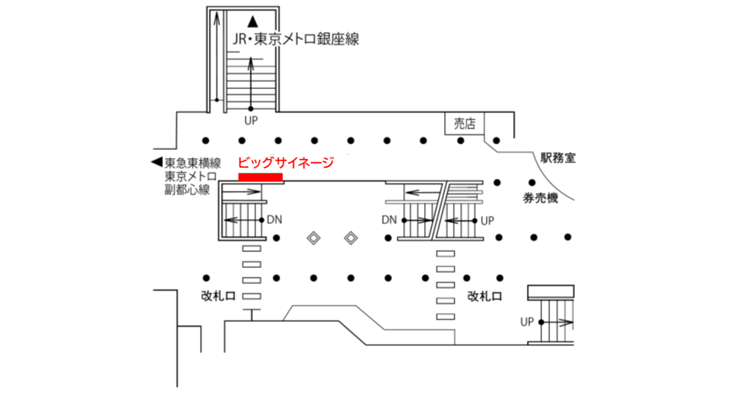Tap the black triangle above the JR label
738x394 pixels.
coord(252,20)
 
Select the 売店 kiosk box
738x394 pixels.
coord(464,124)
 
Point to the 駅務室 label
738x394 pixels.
coord(558,158)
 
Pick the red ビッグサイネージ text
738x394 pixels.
coord(287,162)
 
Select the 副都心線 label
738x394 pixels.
coord(186,190)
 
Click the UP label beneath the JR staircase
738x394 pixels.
coord(251,121)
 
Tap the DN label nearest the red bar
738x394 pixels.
coord(274,219)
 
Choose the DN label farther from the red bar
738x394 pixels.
coord(389,219)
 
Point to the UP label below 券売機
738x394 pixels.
coord(487,219)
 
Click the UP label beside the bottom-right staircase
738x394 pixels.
coord(527,322)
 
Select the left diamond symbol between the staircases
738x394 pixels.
coord(316,238)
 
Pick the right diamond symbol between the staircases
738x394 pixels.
coord(351,238)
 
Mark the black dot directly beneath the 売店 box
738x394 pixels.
coord(461,140)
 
